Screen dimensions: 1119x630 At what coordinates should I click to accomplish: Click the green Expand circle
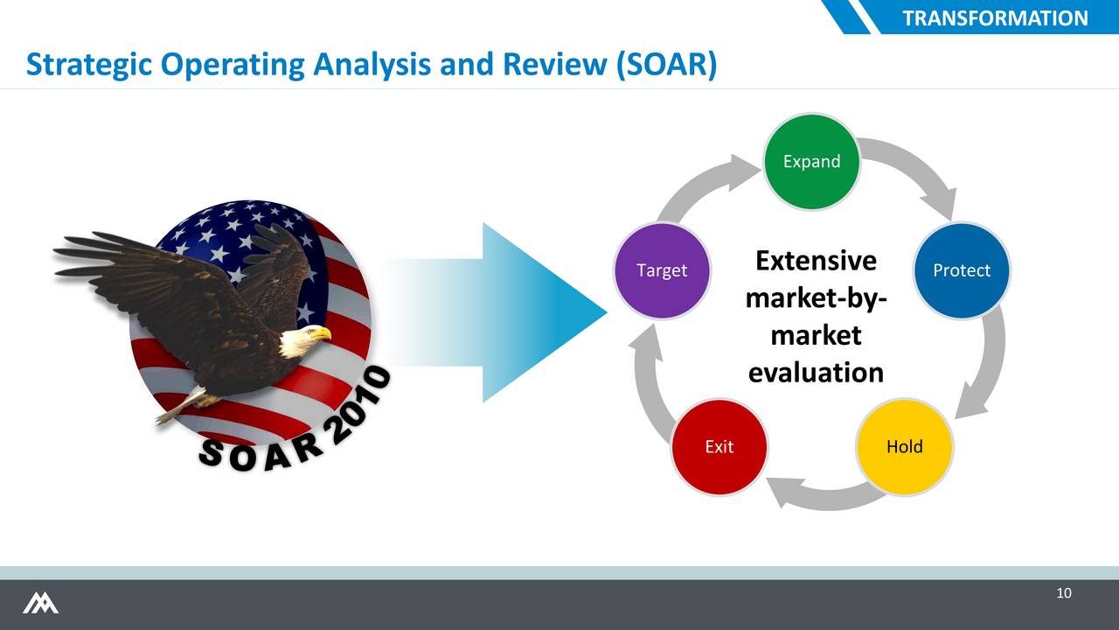[x=812, y=162]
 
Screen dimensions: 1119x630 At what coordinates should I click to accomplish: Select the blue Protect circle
[x=962, y=270]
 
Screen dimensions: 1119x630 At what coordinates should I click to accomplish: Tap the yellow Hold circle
[x=905, y=446]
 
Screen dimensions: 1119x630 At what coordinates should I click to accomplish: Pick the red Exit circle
[x=719, y=446]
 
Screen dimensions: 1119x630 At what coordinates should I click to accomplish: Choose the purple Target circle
[x=662, y=270]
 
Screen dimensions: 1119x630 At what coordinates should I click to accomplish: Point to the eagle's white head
[x=303, y=340]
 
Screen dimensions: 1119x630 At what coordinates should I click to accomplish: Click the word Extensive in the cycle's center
[x=816, y=261]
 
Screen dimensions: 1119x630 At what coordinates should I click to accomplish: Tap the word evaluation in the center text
[x=816, y=373]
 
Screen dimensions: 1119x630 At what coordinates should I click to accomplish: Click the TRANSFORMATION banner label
[x=995, y=18]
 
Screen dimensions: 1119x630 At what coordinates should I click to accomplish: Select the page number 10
[x=1064, y=593]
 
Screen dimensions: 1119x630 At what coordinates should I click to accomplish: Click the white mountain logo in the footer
[x=40, y=603]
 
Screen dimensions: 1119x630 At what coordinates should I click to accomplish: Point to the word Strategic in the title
[x=89, y=65]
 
